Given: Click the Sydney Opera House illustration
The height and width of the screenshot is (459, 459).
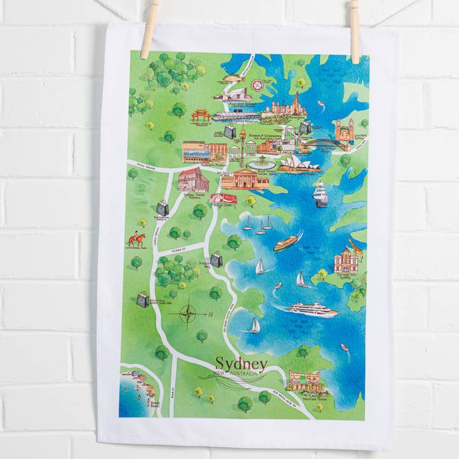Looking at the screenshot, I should tap(298, 164).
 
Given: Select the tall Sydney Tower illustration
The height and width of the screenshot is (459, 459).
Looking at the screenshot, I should tap(242, 143).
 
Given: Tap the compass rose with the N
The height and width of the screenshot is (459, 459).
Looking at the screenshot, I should tap(189, 314).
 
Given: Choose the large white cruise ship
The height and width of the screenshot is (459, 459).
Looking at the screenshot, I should tap(312, 310).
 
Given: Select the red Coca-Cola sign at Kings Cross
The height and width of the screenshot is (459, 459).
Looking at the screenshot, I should tap(223, 199).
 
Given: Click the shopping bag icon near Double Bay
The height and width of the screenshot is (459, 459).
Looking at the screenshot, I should tap(216, 259).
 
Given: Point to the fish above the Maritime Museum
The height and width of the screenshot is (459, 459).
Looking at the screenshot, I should tap(233, 79).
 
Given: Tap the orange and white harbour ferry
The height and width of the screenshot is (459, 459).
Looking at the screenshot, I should tap(286, 243).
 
